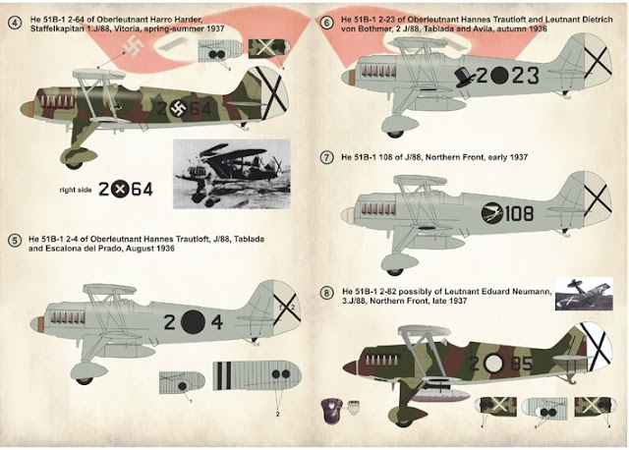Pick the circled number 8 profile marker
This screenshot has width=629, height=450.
pos(326,293)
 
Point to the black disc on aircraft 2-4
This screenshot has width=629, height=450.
pos(193,319)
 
